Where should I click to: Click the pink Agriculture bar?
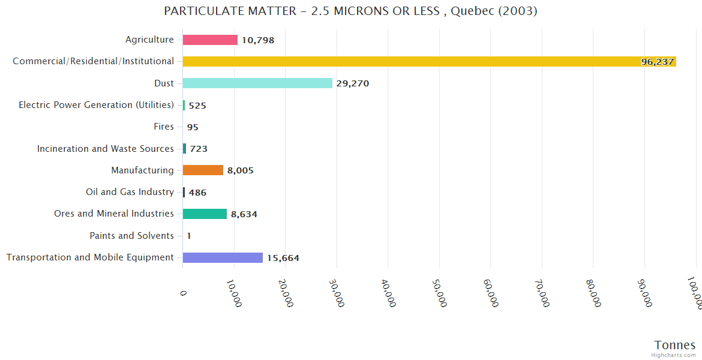210,40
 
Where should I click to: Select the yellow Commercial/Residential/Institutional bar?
429,61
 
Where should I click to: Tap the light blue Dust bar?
257,83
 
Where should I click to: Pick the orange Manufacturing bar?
203,170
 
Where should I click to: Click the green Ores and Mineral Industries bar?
205,214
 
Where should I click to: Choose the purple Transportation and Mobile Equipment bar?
223,257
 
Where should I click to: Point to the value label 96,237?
657,62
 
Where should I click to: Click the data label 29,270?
353,83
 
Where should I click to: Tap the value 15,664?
283,258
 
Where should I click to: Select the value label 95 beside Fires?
193,127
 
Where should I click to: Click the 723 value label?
199,149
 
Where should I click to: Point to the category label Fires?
164,127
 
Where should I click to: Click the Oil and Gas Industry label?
130,192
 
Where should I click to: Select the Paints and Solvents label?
131,236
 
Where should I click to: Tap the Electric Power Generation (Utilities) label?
96,105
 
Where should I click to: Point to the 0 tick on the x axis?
184,292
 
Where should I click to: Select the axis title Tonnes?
674,345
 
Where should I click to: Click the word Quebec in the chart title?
475,11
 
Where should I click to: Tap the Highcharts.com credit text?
674,355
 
